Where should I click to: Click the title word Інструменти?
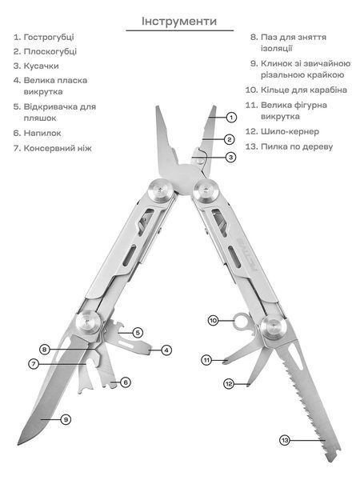[179, 21]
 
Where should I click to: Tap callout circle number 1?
[231, 118]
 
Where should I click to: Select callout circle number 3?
[231, 158]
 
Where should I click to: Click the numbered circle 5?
[138, 333]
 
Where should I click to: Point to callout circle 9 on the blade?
[66, 419]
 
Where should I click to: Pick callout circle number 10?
[213, 321]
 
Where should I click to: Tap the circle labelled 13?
[285, 440]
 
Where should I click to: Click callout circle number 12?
[229, 383]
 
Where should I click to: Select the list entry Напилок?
[42, 133]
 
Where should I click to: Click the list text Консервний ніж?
[58, 148]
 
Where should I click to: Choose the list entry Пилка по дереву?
[297, 146]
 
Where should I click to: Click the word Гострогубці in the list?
[49, 38]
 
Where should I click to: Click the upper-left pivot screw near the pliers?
[159, 191]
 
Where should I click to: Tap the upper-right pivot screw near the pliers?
[206, 191]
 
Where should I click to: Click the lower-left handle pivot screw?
[88, 322]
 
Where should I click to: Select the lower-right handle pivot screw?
[274, 328]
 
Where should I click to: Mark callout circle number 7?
[34, 364]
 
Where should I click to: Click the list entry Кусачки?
[41, 66]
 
